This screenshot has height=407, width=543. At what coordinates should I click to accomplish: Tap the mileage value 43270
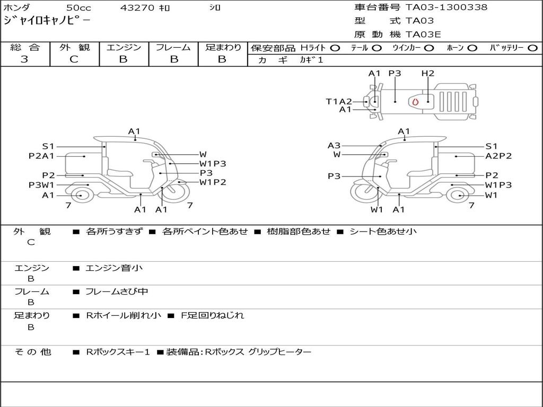[138, 8]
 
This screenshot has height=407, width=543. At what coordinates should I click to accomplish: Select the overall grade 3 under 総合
[24, 59]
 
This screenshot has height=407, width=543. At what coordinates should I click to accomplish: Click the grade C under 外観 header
[74, 59]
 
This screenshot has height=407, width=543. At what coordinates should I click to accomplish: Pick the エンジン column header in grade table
[124, 48]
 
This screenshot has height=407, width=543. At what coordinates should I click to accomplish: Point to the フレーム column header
[173, 48]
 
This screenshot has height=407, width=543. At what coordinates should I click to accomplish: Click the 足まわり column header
[223, 48]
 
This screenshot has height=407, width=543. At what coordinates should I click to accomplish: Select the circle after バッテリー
[532, 48]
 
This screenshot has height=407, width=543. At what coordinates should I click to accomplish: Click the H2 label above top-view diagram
[427, 74]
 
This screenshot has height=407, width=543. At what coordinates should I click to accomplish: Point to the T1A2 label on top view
[339, 101]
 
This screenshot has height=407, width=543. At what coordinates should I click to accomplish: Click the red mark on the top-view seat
[415, 101]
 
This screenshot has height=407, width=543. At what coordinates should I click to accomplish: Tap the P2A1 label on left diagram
[41, 156]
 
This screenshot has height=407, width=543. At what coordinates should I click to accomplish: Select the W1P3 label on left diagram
[213, 164]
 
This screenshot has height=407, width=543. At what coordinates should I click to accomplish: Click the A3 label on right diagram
[334, 145]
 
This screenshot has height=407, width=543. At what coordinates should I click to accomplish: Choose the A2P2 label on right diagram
[498, 156]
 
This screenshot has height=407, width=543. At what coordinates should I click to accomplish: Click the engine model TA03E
[424, 34]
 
